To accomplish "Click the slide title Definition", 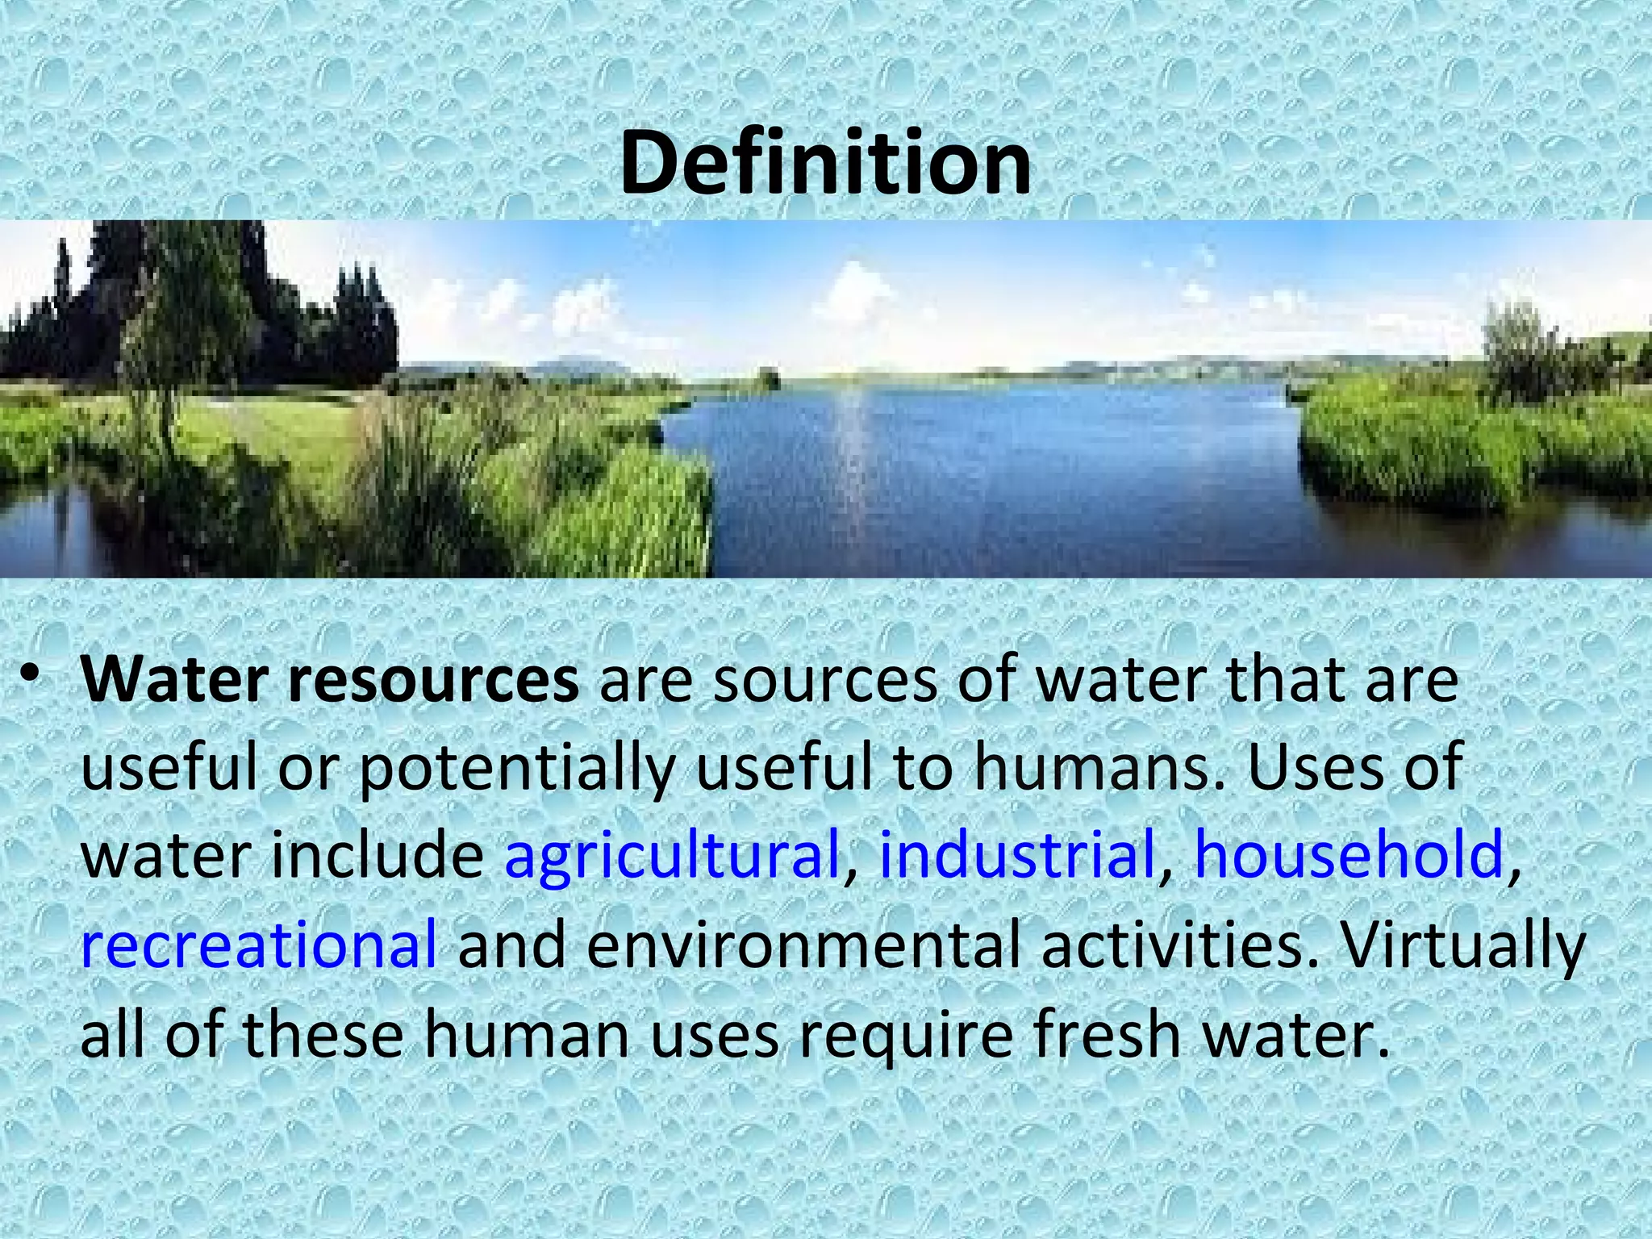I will (x=825, y=164).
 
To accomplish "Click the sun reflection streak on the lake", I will (x=850, y=452).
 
